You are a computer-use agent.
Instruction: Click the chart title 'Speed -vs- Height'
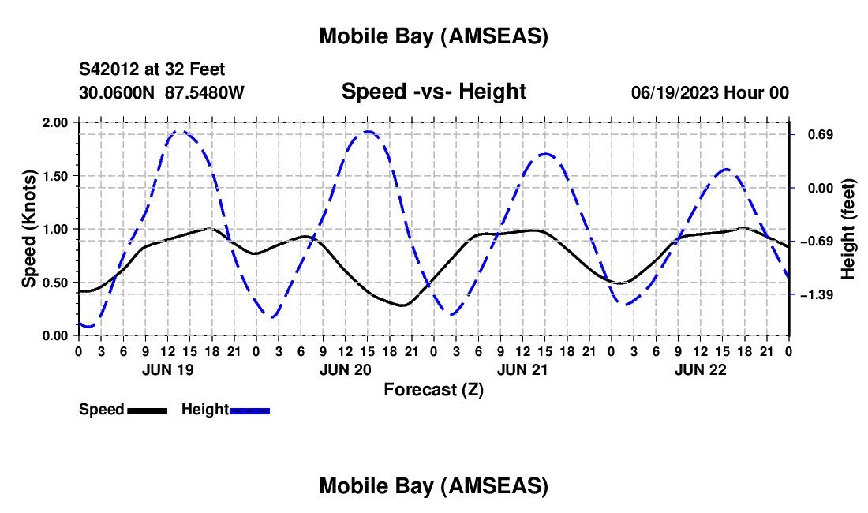point(433,92)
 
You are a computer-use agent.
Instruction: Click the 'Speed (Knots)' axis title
point(29,229)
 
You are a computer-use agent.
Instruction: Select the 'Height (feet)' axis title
point(847,229)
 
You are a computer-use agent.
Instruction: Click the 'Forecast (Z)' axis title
point(433,389)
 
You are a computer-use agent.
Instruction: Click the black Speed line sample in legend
point(147,410)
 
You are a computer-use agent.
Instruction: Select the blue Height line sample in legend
point(249,410)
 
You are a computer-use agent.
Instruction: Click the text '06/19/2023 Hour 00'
point(709,93)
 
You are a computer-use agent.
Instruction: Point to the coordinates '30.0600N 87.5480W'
point(162,93)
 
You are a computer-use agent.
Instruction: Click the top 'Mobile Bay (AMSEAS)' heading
point(433,36)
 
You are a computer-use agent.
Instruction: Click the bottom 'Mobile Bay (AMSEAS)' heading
point(433,486)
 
